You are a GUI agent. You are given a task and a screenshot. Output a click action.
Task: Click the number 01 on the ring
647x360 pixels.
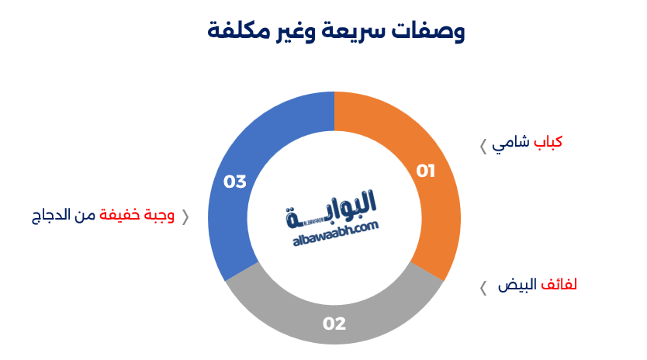(425, 171)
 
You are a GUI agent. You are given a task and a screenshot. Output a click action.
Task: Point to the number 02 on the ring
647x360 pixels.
(334, 324)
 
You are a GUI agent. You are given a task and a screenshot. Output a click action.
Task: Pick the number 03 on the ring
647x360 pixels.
(235, 182)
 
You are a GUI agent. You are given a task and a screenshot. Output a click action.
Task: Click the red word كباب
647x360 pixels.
(548, 142)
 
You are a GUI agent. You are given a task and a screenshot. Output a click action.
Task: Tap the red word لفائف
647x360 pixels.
(559, 284)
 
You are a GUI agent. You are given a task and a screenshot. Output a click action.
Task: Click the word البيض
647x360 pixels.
(517, 285)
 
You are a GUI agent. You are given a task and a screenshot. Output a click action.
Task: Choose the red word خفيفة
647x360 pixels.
(119, 215)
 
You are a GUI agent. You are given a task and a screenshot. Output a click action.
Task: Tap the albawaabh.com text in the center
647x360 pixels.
(335, 234)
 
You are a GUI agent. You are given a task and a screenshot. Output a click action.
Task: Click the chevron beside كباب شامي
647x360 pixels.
(483, 147)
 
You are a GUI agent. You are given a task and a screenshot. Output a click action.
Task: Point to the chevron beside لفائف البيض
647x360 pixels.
(483, 288)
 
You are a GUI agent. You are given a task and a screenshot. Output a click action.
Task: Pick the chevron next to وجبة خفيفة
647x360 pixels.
(185, 217)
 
